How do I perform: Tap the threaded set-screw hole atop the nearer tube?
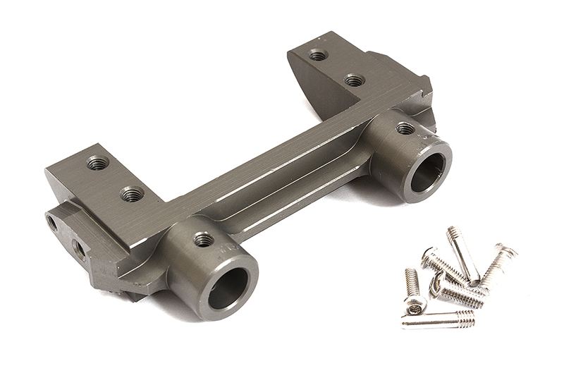point(204,240)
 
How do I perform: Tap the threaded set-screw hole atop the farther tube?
point(405,128)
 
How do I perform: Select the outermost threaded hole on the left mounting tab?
point(97,164)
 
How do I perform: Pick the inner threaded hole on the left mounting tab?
point(129,192)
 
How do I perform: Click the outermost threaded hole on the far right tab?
point(319,55)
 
